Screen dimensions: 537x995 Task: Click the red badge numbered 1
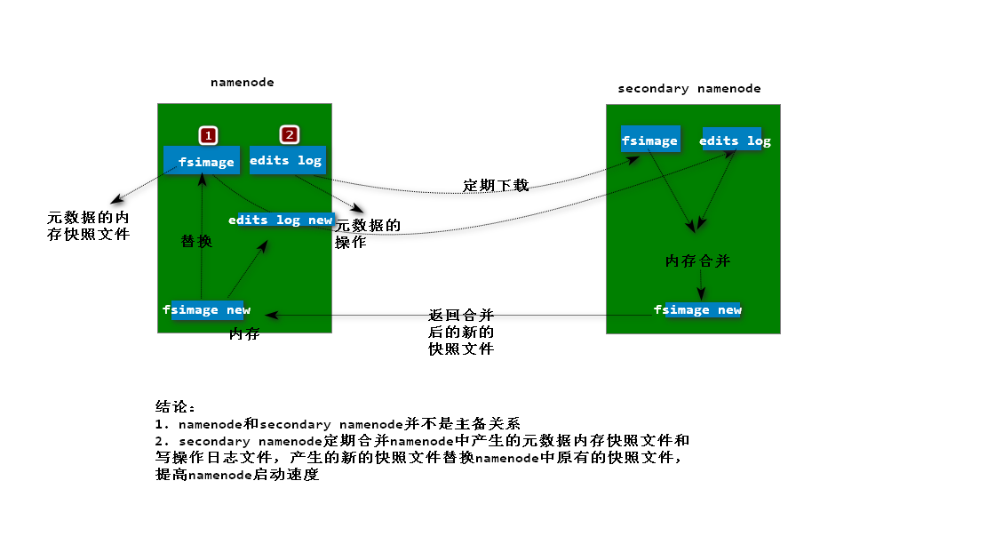click(x=208, y=135)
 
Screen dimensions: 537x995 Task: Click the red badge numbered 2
click(x=289, y=134)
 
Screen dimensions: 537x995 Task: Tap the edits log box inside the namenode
click(x=287, y=160)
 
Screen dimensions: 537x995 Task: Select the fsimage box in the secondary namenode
click(x=649, y=140)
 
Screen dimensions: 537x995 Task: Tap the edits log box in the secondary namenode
click(x=736, y=140)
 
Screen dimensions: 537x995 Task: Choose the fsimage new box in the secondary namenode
click(x=701, y=309)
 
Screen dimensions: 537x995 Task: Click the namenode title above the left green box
click(x=243, y=82)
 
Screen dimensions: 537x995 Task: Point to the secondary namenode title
click(x=689, y=88)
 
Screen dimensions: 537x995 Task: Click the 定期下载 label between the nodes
click(x=496, y=185)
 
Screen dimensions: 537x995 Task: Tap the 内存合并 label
click(x=697, y=260)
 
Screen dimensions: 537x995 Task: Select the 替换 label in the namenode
click(x=196, y=241)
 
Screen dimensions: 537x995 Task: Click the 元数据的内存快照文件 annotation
click(x=89, y=226)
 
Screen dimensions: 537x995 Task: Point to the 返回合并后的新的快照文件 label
click(x=461, y=332)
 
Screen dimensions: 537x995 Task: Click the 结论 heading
click(x=175, y=406)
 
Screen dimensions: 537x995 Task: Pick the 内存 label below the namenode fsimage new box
click(x=244, y=334)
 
